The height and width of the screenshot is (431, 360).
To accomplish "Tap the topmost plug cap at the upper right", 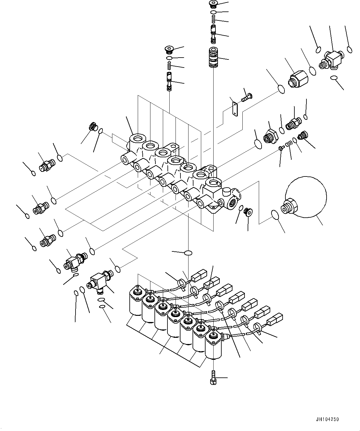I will coord(213,4).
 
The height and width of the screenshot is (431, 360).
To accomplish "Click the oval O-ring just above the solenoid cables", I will coord(188,253).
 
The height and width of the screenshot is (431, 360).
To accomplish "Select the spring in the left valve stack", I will coord(169,66).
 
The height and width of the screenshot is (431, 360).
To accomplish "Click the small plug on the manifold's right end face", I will coord(248,211).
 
